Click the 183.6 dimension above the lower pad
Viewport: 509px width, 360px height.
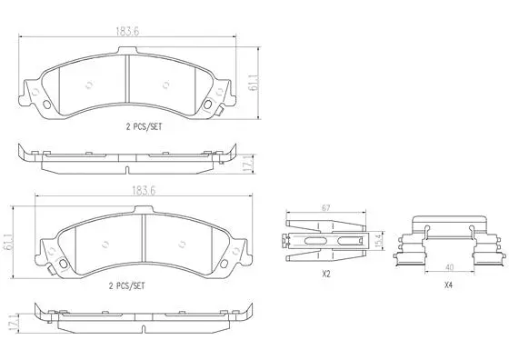(138, 192)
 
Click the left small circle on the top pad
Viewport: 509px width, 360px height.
(88, 87)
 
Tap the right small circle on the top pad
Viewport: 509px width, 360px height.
(166, 86)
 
